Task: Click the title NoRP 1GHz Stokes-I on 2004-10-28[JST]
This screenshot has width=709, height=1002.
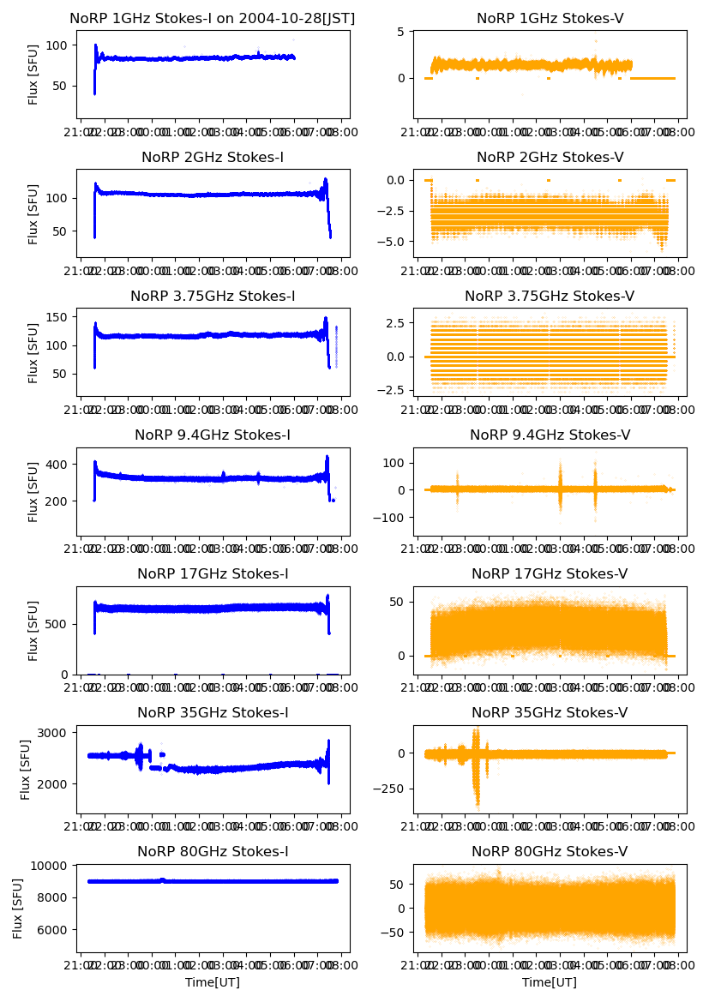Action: [x=213, y=18]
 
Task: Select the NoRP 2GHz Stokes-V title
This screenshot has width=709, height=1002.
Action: [x=550, y=157]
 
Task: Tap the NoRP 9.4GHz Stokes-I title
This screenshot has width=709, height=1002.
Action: [x=213, y=435]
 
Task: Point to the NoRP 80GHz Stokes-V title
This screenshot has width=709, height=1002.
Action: [x=550, y=851]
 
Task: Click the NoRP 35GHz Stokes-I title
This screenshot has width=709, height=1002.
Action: [x=213, y=712]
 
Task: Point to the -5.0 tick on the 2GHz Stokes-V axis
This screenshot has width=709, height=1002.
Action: [x=395, y=242]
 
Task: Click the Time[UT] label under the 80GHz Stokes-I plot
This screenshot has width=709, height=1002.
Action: [x=213, y=982]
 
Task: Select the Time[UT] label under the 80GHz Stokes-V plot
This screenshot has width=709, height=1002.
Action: [x=550, y=982]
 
